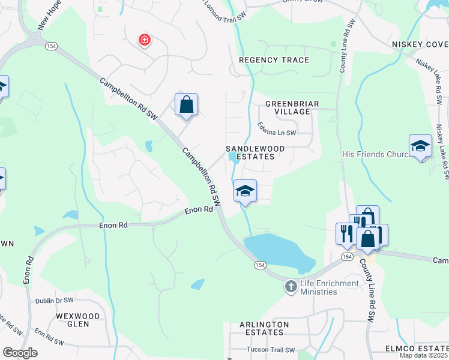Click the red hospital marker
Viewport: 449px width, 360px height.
tap(144, 41)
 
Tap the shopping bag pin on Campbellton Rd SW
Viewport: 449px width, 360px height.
tap(186, 105)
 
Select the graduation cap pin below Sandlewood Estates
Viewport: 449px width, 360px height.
tap(245, 192)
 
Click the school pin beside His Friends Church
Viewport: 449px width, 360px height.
tap(420, 146)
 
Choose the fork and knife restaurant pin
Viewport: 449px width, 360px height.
tap(346, 233)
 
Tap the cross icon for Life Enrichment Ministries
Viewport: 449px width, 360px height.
tap(291, 286)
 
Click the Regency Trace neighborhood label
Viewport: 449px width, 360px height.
tap(274, 60)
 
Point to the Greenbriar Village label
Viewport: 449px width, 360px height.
tap(292, 107)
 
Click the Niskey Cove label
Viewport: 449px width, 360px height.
tap(420, 45)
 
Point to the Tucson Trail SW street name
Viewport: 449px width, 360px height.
tap(271, 350)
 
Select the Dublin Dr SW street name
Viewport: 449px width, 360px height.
tap(54, 300)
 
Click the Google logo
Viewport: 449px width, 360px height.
tap(20, 353)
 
